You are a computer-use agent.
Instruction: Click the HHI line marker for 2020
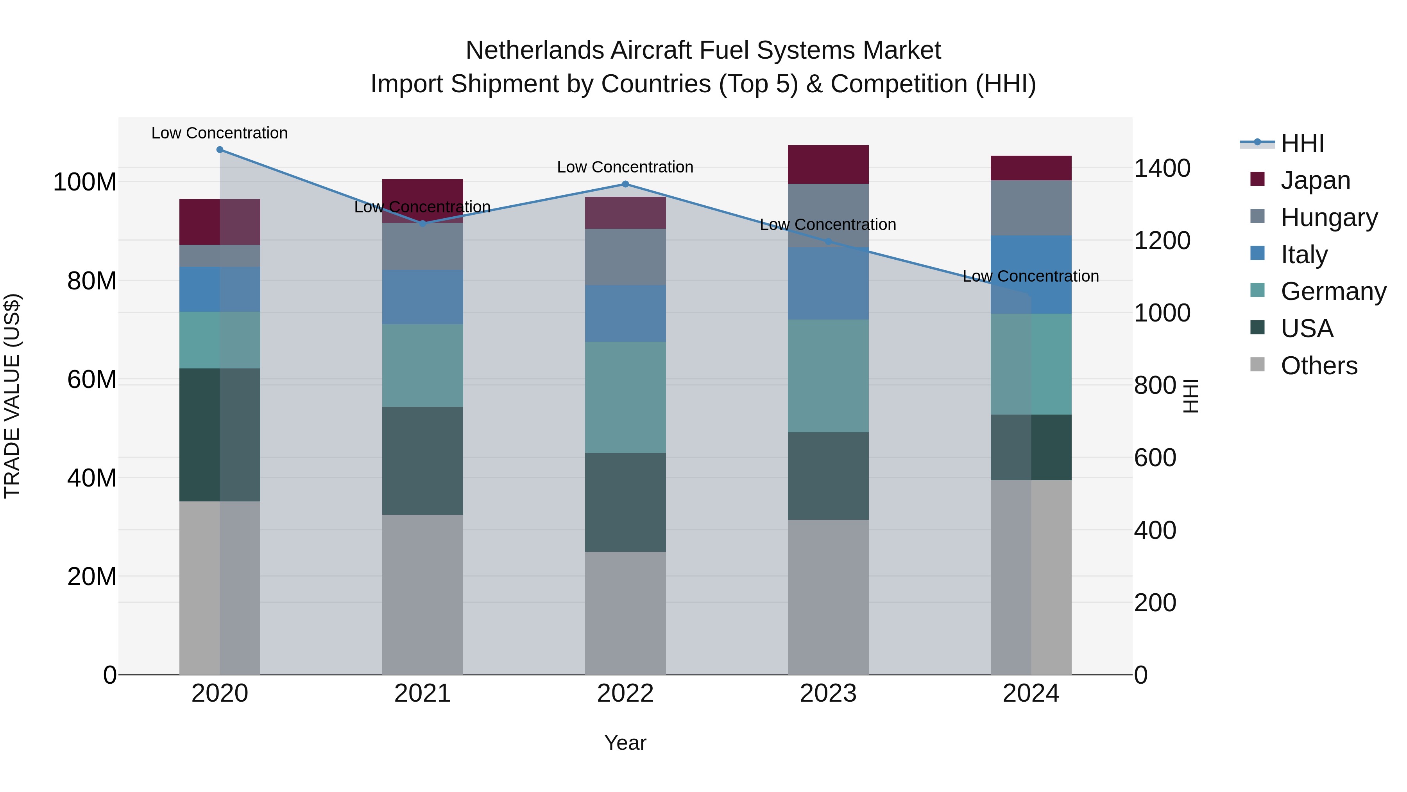[x=220, y=150]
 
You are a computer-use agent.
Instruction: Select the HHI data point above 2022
[x=625, y=184]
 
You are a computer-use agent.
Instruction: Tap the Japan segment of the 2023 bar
[x=828, y=165]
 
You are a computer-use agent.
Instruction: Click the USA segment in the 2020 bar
[x=220, y=435]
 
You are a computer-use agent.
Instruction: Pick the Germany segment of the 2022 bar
[x=625, y=397]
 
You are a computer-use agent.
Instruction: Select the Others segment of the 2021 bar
[x=422, y=594]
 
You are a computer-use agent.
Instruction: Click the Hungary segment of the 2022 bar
[x=625, y=257]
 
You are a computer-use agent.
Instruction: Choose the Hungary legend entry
[x=1329, y=217]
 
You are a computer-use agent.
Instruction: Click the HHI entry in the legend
[x=1302, y=143]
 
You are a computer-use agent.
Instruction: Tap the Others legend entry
[x=1319, y=366]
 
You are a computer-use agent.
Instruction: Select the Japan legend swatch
[x=1257, y=179]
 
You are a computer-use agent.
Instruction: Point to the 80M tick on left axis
[x=92, y=281]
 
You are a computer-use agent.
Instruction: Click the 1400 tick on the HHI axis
[x=1162, y=168]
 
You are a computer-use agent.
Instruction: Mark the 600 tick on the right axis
[x=1155, y=458]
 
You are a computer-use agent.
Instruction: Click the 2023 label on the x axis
[x=828, y=693]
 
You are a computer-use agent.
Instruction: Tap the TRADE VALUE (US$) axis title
[x=12, y=396]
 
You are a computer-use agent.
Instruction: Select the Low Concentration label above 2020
[x=220, y=133]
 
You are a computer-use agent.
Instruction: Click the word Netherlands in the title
[x=535, y=51]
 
